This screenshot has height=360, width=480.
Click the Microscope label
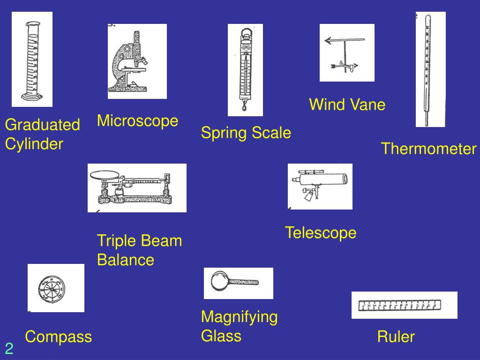137,121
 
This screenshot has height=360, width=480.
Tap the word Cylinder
34,144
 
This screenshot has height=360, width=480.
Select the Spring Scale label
246,133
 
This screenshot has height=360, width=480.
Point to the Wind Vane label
347,105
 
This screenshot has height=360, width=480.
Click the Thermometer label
428,149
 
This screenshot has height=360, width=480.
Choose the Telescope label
321,232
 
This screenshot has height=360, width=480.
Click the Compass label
59,337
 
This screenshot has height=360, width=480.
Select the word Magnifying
239,317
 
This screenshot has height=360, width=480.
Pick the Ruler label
396,337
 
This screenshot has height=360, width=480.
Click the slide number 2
9,348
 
